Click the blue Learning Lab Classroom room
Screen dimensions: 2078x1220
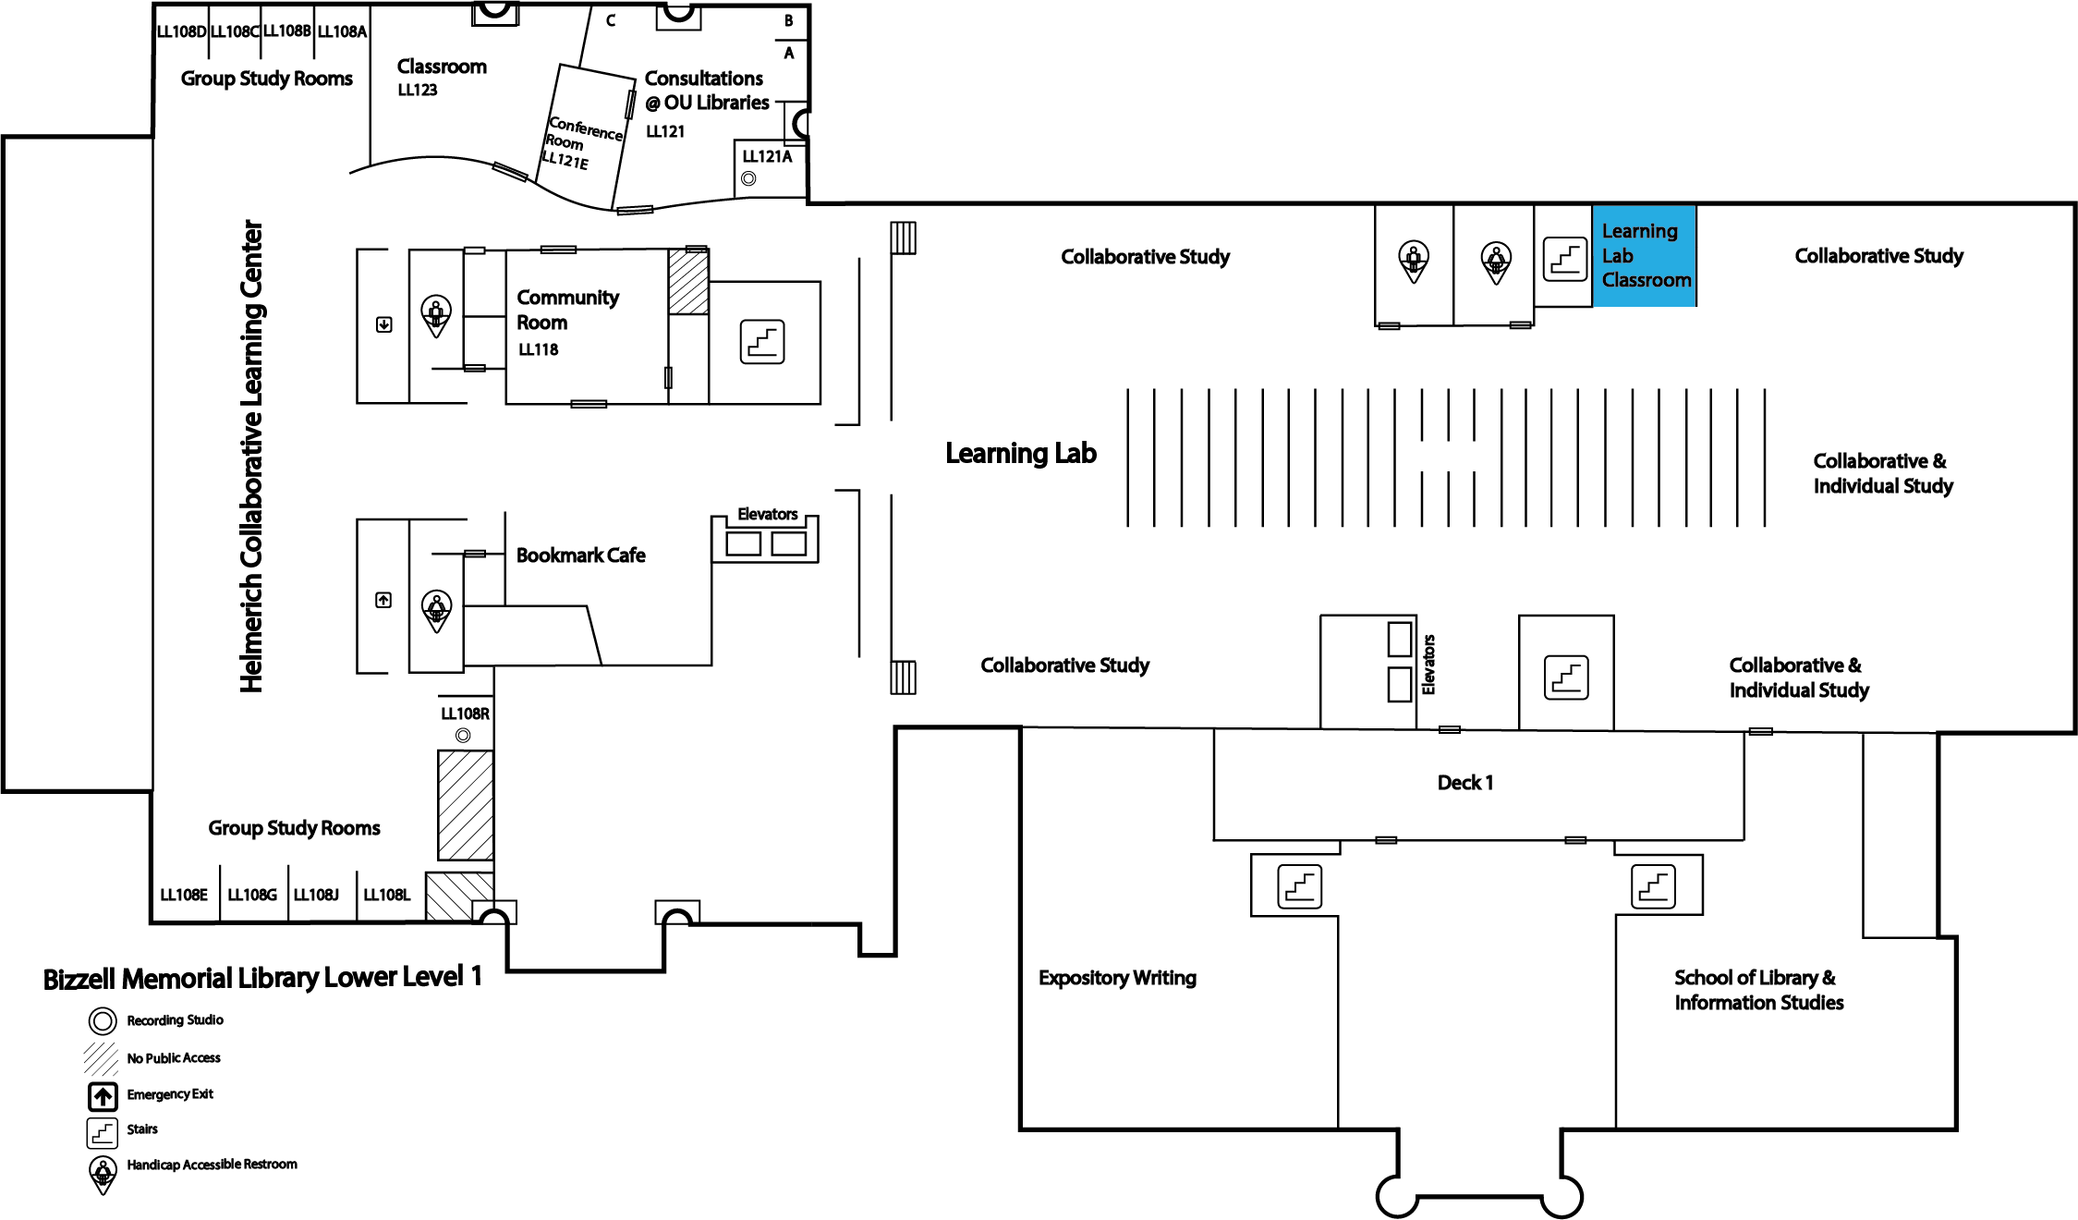[1645, 256]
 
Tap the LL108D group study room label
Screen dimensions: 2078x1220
[181, 31]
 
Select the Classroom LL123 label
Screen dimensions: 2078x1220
[442, 77]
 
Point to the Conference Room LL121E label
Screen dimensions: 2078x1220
[583, 142]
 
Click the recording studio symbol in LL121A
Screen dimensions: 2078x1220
[748, 178]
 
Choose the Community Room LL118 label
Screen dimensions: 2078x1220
[567, 322]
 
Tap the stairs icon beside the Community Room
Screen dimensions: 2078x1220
[762, 342]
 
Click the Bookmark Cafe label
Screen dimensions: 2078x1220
[580, 555]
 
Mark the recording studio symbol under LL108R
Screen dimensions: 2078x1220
[463, 736]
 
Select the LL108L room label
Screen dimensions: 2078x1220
[386, 895]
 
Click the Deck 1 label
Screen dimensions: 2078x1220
[1465, 783]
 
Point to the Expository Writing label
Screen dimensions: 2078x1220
[1117, 978]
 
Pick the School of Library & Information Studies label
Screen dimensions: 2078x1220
[1758, 990]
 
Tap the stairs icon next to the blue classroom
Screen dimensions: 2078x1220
[1565, 259]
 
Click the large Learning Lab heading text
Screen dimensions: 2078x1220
[1021, 453]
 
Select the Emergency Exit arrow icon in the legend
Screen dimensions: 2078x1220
[103, 1096]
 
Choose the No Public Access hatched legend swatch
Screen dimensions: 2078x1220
[101, 1058]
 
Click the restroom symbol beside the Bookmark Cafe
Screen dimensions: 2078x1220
[436, 610]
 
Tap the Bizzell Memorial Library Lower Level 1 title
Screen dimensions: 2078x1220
[262, 978]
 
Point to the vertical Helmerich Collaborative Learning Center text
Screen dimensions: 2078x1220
[251, 456]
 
